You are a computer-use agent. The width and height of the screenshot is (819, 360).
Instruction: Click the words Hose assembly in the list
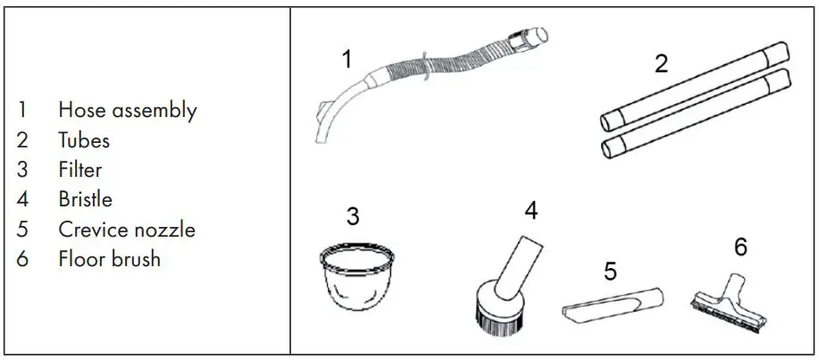coord(127,111)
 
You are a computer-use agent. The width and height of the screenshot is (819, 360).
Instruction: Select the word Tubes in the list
coord(84,140)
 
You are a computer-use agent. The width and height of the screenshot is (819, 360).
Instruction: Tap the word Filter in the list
coord(80,170)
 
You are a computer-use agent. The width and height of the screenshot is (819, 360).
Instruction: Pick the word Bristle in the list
coord(86,199)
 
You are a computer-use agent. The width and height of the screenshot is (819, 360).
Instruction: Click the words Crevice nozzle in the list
coord(127,229)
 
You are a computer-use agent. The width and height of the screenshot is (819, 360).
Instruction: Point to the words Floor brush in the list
coord(109,259)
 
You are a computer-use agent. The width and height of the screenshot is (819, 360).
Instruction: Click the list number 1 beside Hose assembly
coord(21,111)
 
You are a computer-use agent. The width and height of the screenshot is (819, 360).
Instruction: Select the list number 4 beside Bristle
coord(22,199)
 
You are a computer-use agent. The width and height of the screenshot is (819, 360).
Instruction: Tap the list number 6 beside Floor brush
coord(22,259)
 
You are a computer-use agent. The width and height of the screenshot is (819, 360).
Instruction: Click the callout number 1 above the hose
coord(347,60)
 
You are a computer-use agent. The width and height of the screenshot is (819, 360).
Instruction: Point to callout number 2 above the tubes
coord(661,64)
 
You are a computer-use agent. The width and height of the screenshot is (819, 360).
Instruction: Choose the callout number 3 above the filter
coord(353,217)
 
